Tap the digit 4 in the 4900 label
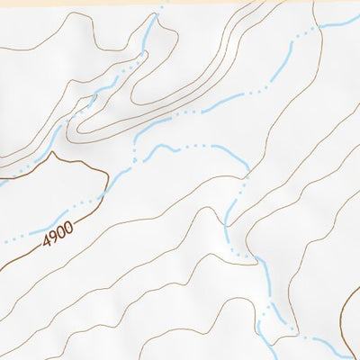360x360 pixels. [45, 244]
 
